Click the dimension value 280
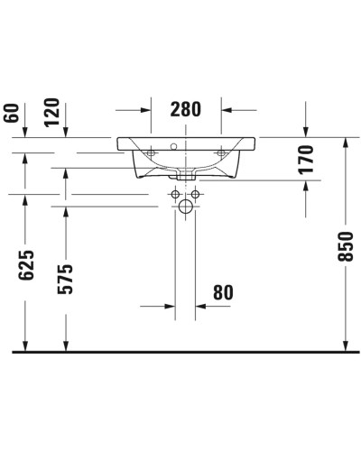[x=186, y=110]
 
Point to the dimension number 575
[x=66, y=280]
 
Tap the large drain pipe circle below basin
[x=186, y=208]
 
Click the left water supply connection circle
[x=173, y=193]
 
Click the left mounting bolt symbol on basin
[x=150, y=155]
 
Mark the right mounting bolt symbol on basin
[x=222, y=155]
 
